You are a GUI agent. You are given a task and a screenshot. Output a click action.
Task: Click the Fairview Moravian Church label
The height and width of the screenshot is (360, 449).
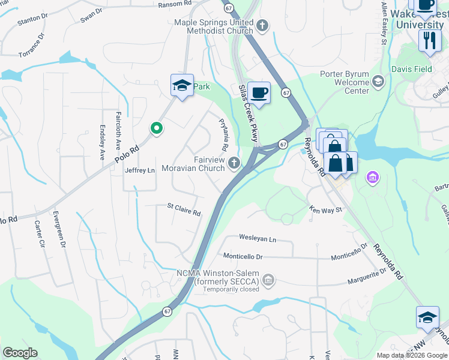(x=209, y=164)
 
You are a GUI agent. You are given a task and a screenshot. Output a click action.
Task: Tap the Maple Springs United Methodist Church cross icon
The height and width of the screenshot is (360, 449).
(x=262, y=26)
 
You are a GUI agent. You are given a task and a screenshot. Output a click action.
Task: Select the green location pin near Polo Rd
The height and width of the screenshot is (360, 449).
(x=156, y=128)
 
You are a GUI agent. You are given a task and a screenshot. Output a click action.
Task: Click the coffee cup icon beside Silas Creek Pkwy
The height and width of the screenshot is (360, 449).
(x=259, y=93)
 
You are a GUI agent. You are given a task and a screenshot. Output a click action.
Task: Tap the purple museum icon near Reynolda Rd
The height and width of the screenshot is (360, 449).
(x=372, y=177)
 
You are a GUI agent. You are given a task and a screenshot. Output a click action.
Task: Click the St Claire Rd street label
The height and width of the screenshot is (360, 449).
(x=184, y=210)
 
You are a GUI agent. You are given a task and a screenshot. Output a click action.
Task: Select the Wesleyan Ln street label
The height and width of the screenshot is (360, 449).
(x=258, y=239)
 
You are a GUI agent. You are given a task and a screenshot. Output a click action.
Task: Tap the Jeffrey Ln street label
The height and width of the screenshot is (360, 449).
(x=140, y=170)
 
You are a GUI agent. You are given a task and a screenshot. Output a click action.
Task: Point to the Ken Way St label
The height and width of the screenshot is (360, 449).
(x=325, y=210)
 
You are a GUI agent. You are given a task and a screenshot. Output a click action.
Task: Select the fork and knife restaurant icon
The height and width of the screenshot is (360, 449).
(x=429, y=40)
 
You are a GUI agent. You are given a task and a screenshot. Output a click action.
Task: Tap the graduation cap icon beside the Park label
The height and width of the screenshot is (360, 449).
(x=181, y=85)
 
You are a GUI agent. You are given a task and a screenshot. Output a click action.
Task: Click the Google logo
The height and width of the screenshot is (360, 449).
(x=20, y=353)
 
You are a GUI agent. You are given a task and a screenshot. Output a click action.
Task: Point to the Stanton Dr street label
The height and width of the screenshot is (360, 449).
(x=33, y=20)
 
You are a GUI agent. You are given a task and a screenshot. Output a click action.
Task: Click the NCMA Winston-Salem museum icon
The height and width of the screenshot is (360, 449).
(x=268, y=279)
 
